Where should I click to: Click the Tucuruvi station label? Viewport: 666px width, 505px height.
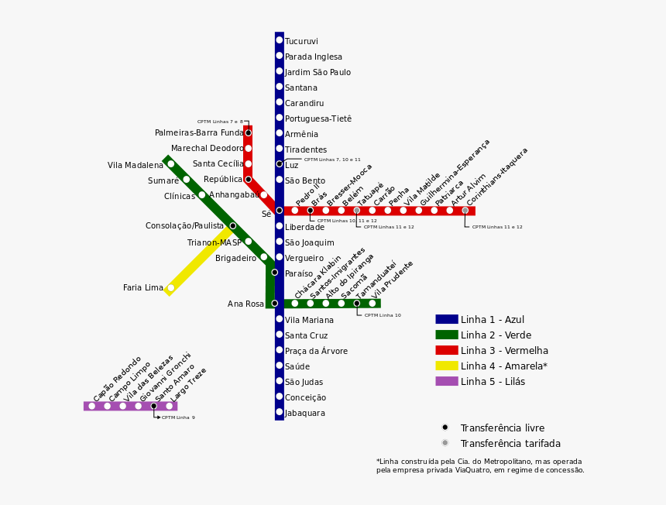301,42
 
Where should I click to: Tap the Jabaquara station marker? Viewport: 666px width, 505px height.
280,412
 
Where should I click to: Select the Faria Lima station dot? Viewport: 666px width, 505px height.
171,288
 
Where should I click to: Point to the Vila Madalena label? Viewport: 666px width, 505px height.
136,166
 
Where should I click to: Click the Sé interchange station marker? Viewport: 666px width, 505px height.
280,211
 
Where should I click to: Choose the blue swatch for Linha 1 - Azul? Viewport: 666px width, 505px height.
447,319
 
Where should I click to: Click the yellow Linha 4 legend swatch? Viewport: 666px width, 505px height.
447,366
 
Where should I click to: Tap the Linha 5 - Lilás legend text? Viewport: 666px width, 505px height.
493,382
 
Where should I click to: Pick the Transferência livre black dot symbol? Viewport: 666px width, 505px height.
445,428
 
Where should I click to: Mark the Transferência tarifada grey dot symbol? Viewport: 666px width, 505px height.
445,443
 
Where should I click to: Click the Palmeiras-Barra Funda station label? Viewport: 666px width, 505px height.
199,133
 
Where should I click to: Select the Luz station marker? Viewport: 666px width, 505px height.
280,164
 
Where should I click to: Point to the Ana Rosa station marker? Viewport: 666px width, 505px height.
274,304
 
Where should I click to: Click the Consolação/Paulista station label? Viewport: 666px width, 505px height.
184,226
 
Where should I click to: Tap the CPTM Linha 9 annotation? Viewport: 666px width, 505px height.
178,417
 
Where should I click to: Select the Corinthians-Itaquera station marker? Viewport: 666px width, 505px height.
465,211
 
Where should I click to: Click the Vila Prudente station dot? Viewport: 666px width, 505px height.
372,304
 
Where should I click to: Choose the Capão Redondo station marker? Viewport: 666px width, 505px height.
91,406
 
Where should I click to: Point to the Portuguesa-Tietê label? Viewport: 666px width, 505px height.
318,119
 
